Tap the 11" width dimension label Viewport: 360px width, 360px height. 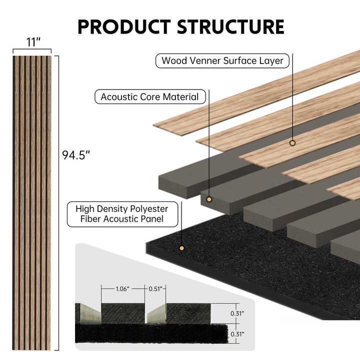click(33, 42)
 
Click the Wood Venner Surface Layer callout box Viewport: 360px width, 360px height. click(222, 61)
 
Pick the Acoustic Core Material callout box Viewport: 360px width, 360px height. click(149, 97)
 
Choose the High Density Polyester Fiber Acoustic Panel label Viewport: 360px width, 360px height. click(122, 213)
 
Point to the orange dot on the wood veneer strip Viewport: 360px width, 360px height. click(292, 143)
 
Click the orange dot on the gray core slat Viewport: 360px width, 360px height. click(209, 199)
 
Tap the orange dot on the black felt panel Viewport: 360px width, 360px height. click(181, 248)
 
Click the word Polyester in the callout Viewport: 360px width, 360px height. click(149, 208)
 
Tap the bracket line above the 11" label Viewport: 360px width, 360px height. click(32, 50)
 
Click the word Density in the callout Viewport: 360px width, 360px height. click(111, 208)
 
